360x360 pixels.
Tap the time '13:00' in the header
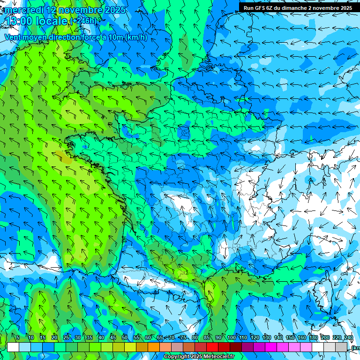pyautogui.click(x=20, y=21)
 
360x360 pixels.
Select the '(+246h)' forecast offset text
pyautogui.click(x=84, y=21)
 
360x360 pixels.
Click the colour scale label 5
pyautogui.click(x=18, y=338)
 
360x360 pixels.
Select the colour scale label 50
pyautogui.click(x=125, y=338)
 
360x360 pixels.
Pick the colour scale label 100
pyautogui.click(x=231, y=338)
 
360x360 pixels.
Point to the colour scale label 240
pyautogui.click(x=349, y=338)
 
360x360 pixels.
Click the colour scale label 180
pyautogui.click(x=313, y=338)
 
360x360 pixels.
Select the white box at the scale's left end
pyautogui.click(x=13, y=347)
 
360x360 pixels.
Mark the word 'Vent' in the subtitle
pyautogui.click(x=13, y=37)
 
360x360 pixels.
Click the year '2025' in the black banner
pyautogui.click(x=345, y=8)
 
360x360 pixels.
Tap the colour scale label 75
pyautogui.click(x=183, y=338)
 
